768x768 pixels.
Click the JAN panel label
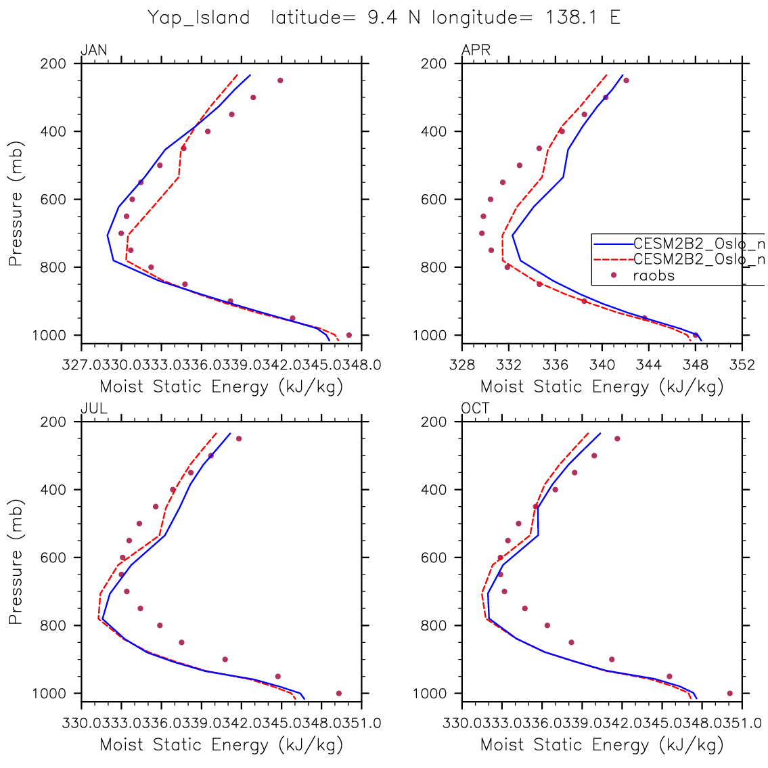click(93, 50)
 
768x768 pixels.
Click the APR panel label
click(476, 50)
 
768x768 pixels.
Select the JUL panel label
click(93, 408)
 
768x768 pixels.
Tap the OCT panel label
click(476, 408)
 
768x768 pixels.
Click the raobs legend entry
click(653, 275)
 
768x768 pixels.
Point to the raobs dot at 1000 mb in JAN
click(349, 335)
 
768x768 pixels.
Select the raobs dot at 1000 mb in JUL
click(339, 693)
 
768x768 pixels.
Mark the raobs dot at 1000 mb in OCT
click(729, 693)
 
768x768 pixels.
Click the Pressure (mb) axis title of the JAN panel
click(16, 203)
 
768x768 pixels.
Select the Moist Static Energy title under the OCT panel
click(602, 745)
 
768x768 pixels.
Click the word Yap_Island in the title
click(200, 18)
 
